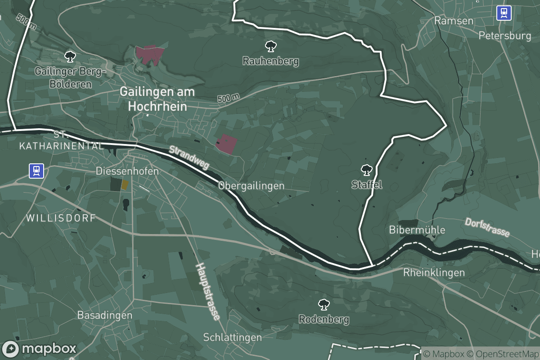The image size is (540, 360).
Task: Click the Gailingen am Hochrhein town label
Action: [157, 99]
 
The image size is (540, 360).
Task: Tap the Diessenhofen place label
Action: [127, 171]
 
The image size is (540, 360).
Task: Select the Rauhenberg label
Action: [270, 61]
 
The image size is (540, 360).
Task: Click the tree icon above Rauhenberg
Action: [270, 45]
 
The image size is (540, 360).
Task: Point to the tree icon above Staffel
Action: [367, 170]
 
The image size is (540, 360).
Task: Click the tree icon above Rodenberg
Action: [323, 305]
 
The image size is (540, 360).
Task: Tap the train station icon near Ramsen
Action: [504, 13]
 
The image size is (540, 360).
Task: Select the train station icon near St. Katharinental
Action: [36, 171]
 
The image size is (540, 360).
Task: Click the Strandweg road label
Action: [189, 157]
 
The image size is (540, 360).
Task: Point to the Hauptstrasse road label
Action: [207, 292]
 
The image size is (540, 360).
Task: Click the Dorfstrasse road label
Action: [487, 228]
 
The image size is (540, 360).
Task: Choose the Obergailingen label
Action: [252, 185]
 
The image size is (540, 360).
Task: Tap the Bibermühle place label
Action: [417, 230]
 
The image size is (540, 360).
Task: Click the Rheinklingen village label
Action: [434, 272]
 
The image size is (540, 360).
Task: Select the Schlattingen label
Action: [232, 337]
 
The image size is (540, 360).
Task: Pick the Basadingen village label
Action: [104, 315]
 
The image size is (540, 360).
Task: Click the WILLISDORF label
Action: [61, 218]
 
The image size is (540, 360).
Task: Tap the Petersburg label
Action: [505, 36]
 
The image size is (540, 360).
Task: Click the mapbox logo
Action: [40, 349]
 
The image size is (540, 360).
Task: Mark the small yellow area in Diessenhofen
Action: [125, 184]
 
